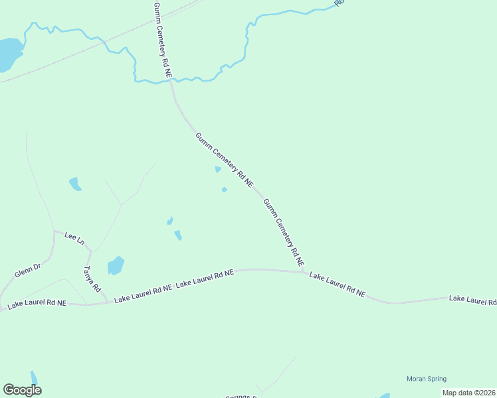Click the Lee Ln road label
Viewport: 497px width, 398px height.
click(74, 238)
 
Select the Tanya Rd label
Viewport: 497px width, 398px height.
click(91, 279)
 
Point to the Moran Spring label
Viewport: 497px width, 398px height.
click(427, 379)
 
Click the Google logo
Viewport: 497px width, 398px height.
click(22, 390)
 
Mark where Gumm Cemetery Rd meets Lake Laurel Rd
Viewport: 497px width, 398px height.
click(306, 271)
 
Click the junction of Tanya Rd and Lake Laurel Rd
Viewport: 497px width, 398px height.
click(106, 302)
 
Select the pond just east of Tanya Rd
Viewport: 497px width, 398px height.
click(116, 266)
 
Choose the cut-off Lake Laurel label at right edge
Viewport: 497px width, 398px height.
click(472, 300)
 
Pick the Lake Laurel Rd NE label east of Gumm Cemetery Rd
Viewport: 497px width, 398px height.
click(338, 284)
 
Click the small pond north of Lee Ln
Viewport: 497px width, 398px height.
click(75, 184)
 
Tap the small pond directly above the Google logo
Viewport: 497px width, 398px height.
click(33, 377)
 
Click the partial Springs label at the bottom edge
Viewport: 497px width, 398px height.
click(241, 396)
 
